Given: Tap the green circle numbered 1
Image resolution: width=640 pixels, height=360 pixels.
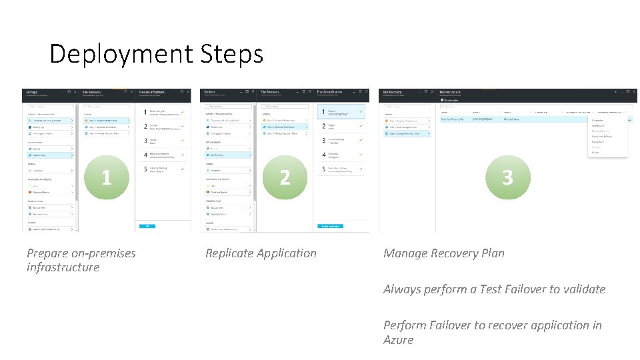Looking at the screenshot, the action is click(x=106, y=177).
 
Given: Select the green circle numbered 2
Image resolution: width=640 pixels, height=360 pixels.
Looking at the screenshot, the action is click(x=285, y=177).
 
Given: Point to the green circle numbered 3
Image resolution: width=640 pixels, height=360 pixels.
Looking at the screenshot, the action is click(x=507, y=177).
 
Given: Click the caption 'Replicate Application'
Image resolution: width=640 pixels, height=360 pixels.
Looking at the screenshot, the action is click(x=261, y=253).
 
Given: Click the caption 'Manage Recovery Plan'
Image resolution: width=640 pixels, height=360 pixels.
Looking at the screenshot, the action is click(x=443, y=253).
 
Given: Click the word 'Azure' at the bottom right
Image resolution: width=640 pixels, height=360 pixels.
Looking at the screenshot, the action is click(x=398, y=340).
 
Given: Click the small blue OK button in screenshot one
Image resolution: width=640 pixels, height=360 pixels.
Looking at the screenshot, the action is click(x=147, y=227).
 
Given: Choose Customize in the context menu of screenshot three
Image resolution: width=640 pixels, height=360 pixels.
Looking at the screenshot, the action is click(x=599, y=121).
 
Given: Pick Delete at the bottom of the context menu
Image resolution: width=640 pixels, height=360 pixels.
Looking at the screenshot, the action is click(x=595, y=152).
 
